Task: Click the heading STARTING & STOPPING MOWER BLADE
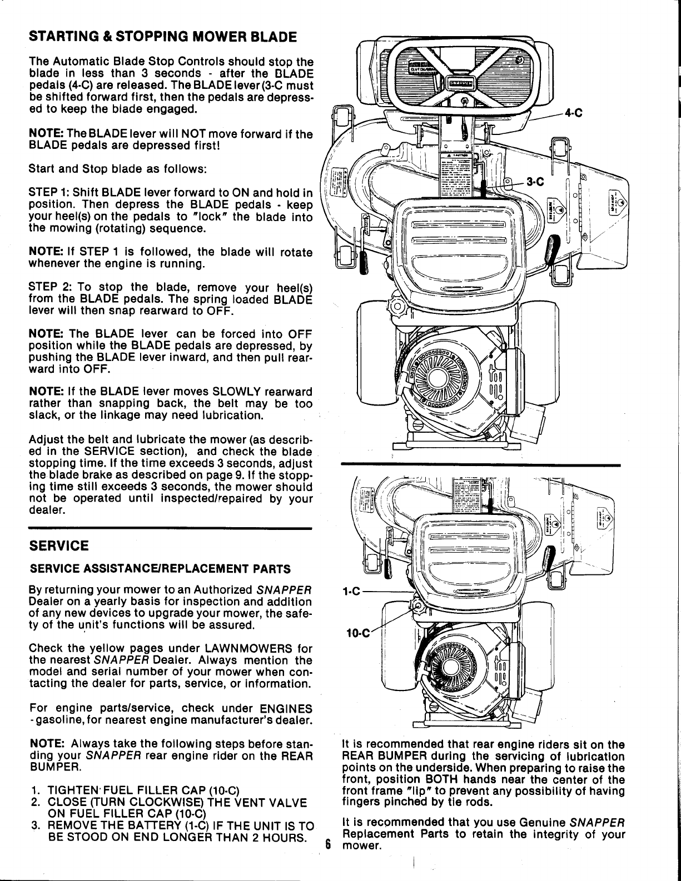[x=162, y=38]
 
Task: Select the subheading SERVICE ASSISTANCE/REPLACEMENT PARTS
[x=160, y=569]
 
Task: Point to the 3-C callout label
[x=537, y=182]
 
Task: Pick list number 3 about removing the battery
[x=35, y=824]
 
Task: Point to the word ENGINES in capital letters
[x=286, y=709]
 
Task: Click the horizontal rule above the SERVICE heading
[x=170, y=528]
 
